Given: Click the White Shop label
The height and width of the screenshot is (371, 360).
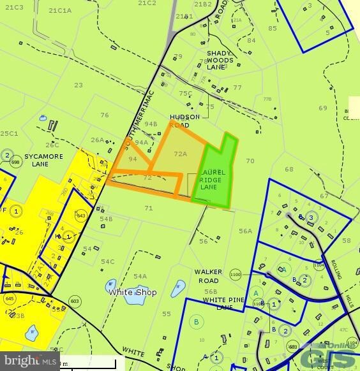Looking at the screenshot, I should pos(132,292).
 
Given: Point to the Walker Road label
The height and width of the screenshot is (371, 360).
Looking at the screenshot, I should pos(208,275).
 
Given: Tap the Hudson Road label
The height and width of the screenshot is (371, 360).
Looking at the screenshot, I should pos(184,121).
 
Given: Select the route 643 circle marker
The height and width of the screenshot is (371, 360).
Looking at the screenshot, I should pos(81,216).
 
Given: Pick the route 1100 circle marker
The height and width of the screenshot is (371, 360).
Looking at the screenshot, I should pos(235,274).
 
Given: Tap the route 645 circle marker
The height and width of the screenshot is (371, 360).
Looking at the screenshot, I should pos(9,298).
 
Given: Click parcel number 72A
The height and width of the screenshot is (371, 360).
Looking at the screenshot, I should pos(180,154).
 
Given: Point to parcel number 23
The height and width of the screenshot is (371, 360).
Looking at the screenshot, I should pos(79,85).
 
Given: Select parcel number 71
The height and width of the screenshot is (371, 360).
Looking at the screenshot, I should pos(149,208).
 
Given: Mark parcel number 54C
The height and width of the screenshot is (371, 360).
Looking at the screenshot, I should pos(107,261).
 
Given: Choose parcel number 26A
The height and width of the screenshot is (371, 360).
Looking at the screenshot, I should pos(97,140).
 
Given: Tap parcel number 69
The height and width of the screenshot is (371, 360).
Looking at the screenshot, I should pos(322,108).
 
